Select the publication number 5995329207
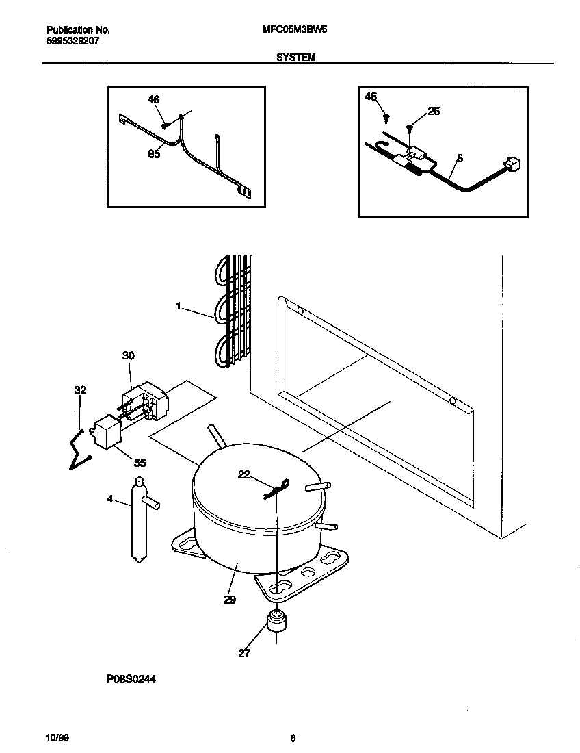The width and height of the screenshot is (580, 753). tap(75, 40)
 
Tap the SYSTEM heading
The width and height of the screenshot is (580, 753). tap(295, 58)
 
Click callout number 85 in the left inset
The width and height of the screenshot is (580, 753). tap(154, 155)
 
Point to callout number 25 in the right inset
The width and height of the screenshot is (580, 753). tap(434, 111)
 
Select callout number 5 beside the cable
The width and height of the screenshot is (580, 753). tap(460, 158)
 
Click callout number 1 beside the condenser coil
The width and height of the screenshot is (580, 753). tap(179, 307)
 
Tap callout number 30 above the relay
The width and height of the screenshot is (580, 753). tap(129, 355)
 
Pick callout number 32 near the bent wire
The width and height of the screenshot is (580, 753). tap(80, 391)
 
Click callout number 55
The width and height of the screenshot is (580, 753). tap(140, 463)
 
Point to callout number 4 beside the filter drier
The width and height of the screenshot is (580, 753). tap(110, 500)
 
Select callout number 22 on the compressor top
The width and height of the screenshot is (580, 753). tap(244, 474)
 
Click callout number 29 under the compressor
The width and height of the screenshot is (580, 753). tap(229, 600)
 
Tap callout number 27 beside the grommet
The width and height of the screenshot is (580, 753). tap(244, 653)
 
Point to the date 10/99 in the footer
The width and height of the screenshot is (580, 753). tap(57, 738)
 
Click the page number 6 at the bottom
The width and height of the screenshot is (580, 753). tap(293, 738)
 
